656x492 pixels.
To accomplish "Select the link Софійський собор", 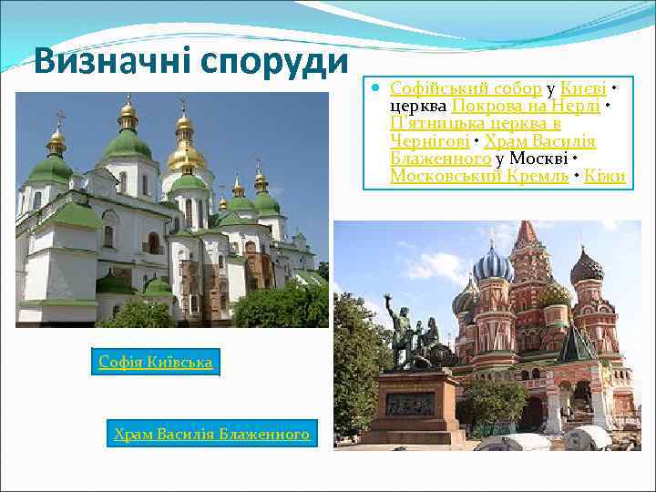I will coord(466,88).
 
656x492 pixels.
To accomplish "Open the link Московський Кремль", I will coord(479,176).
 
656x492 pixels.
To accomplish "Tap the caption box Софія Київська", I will coord(156,363).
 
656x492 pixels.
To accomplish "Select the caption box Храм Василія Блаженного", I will coord(211,435).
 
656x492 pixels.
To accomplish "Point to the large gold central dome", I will coord(185,155).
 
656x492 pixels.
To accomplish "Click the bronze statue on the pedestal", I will coord(402,332).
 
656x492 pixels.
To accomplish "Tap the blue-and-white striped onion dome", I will coord(494,267).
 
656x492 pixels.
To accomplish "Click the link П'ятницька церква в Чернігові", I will coord(474,132).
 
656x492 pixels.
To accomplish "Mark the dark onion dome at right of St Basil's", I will coord(586,268).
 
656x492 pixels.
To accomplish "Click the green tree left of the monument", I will coord(357,355).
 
